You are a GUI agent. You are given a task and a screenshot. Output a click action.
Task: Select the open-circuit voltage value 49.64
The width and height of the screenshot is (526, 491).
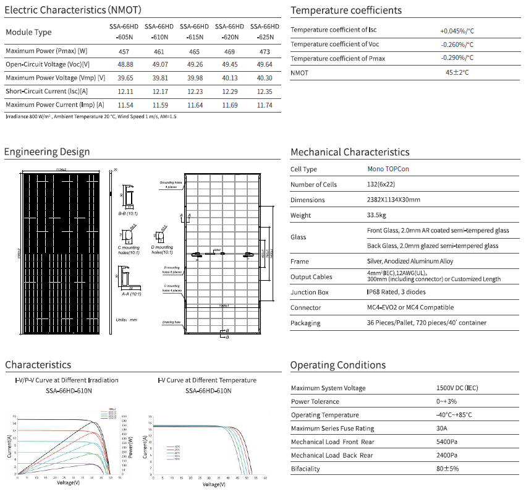coord(263,64)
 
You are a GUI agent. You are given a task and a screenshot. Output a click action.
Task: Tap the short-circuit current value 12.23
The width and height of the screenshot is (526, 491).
coord(193,92)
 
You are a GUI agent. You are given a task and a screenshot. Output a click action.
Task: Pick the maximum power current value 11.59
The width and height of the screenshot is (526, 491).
coord(158,105)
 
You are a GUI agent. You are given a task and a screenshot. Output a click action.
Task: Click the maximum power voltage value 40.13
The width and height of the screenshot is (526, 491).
coord(228,78)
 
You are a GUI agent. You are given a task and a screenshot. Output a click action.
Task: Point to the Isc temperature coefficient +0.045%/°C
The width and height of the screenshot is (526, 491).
coord(457,30)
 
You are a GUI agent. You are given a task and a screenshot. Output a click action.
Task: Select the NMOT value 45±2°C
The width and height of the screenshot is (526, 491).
coord(457,72)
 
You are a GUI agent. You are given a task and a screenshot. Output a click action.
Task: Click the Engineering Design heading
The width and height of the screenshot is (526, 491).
coord(47,152)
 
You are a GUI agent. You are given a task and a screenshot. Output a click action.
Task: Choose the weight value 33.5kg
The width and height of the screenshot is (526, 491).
coord(376,216)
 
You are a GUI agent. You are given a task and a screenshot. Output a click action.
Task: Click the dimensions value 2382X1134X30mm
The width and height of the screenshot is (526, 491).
coord(394,200)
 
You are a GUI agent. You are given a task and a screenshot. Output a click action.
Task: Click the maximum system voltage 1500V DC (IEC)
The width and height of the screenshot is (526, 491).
coord(457,388)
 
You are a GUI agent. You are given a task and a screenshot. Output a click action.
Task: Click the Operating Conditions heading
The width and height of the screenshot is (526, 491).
coord(337,365)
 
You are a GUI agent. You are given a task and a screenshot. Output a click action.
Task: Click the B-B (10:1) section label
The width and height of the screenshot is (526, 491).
coord(128,213)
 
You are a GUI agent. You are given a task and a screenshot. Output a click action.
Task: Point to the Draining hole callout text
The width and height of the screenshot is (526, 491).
coord(172,322)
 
